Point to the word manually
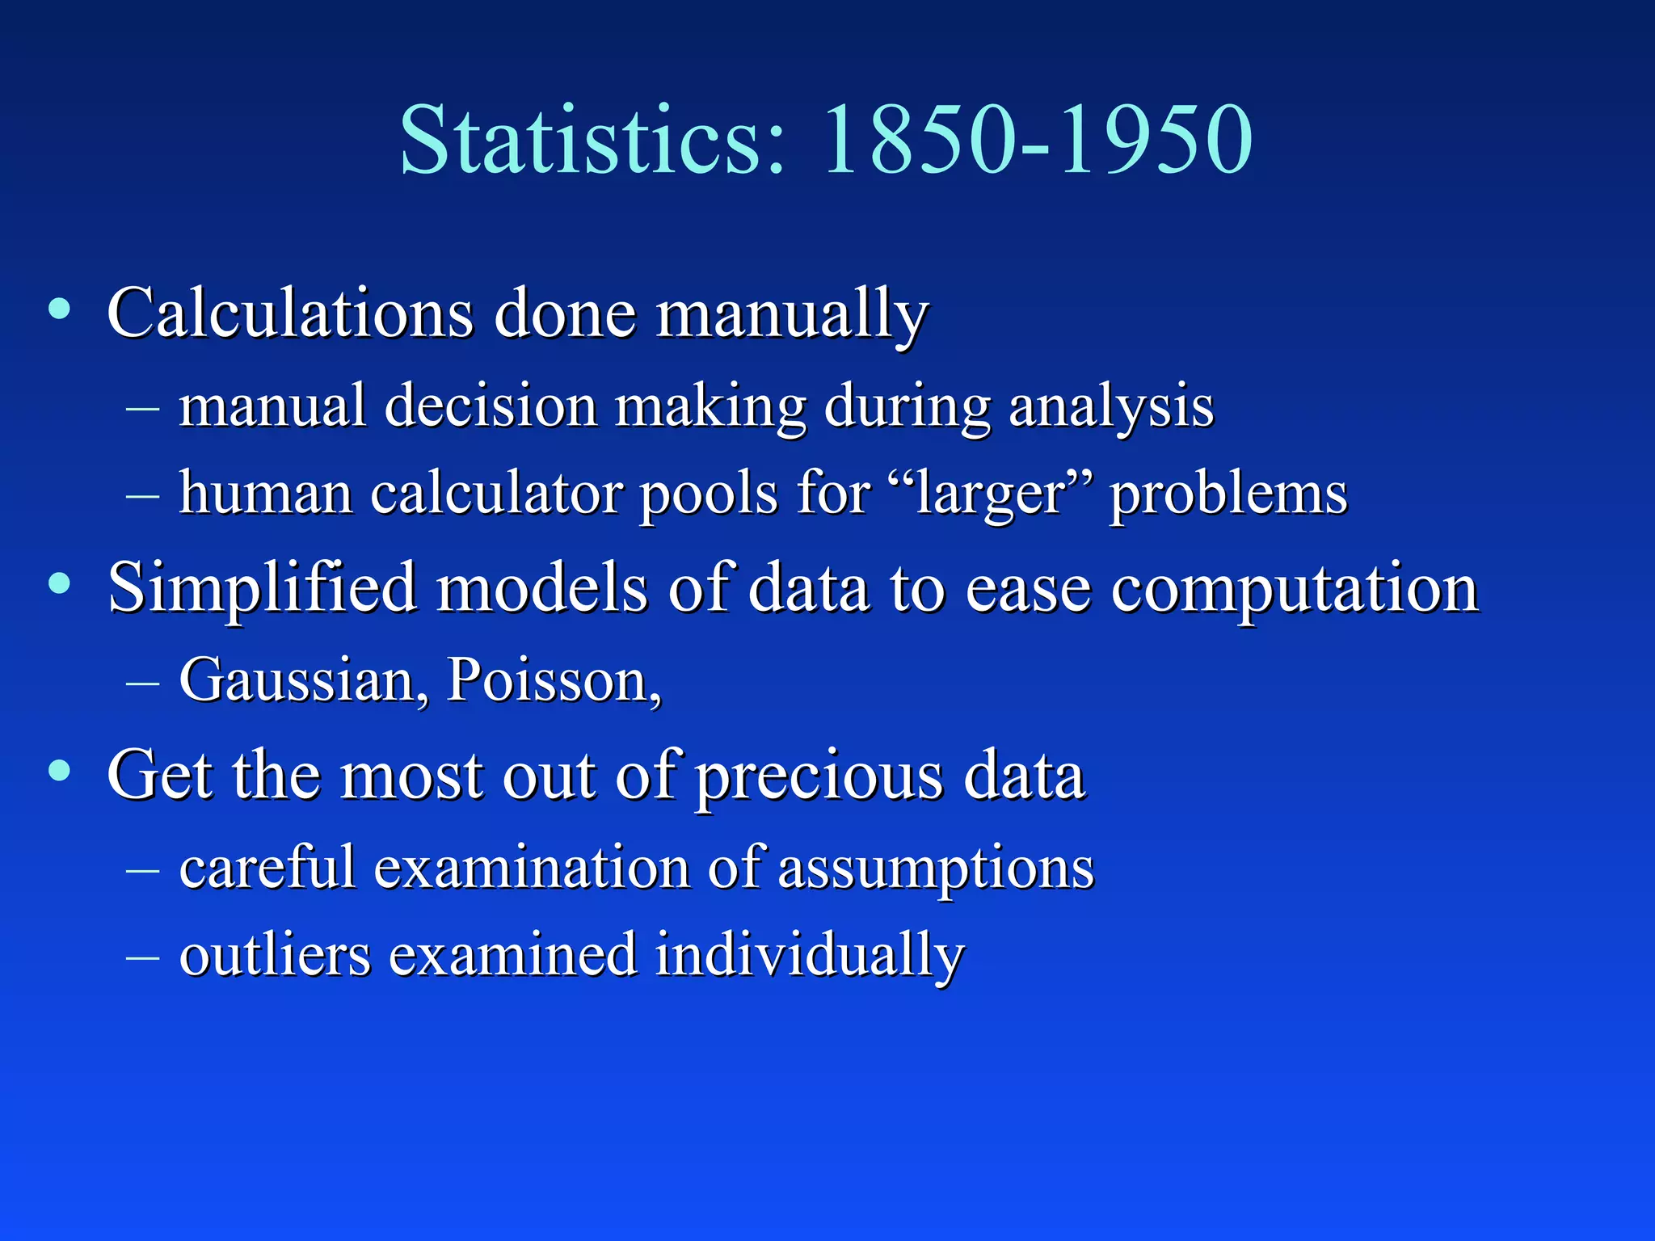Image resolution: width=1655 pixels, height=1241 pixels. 791,314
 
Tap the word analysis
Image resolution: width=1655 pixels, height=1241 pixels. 1110,407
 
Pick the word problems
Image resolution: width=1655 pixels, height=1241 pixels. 1228,494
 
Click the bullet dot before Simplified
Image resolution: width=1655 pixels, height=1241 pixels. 59,583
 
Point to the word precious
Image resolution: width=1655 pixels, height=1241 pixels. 819,777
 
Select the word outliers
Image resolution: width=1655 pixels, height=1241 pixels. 275,955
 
